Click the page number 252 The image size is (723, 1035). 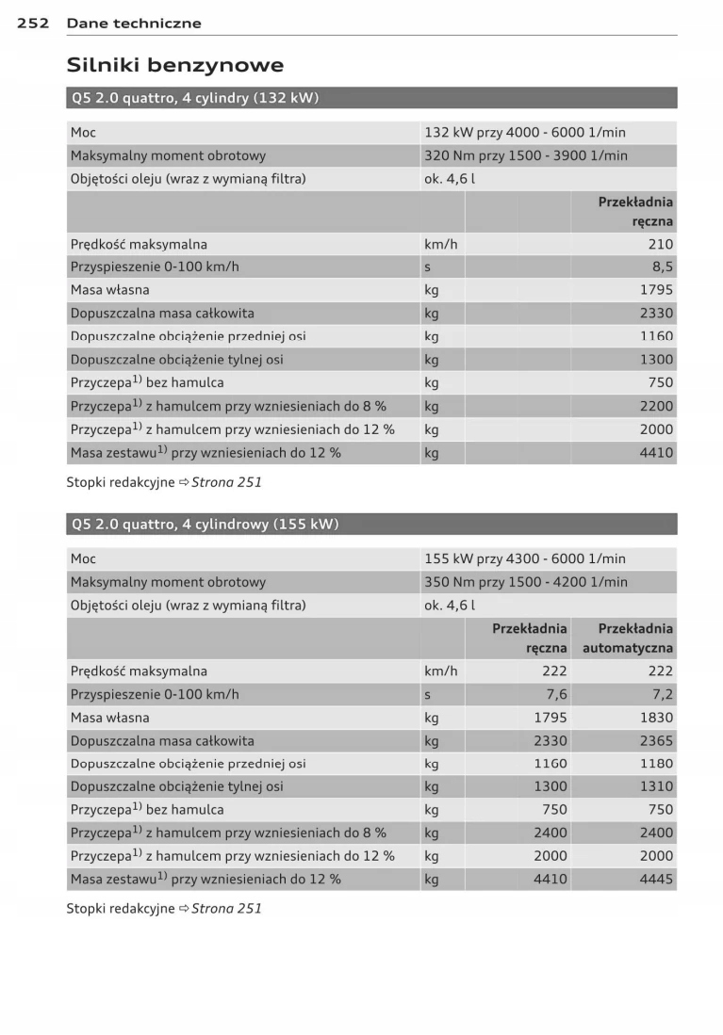[x=33, y=23]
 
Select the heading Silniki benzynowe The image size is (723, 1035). [x=174, y=65]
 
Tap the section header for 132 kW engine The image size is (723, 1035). [x=194, y=98]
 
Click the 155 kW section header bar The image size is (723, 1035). [x=205, y=525]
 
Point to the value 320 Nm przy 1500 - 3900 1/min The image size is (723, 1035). [x=525, y=155]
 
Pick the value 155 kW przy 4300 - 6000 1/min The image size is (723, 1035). [x=524, y=558]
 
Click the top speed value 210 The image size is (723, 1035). [x=661, y=244]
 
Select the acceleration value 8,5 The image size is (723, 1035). [x=663, y=267]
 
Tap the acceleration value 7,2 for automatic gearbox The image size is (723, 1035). [x=663, y=694]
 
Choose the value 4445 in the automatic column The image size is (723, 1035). [x=656, y=879]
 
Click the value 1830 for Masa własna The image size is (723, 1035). [x=656, y=718]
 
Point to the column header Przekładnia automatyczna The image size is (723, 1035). [x=628, y=638]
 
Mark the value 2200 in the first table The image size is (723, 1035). [x=656, y=406]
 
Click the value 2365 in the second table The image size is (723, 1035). [x=656, y=741]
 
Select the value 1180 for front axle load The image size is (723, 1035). [x=656, y=764]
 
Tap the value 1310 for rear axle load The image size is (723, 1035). [x=656, y=786]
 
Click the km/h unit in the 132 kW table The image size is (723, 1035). [x=440, y=244]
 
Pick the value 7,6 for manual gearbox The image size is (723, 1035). [x=556, y=694]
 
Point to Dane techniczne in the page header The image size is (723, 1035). [x=134, y=23]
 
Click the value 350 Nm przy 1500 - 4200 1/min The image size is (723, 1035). [x=525, y=582]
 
